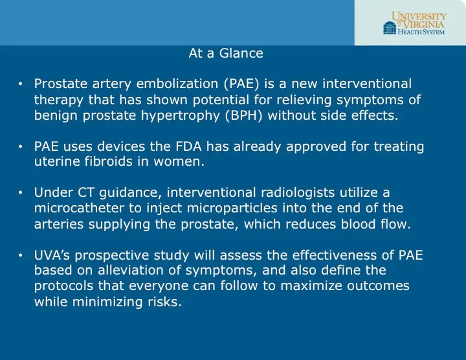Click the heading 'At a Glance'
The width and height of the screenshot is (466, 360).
226,54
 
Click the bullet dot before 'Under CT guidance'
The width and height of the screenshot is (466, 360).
21,193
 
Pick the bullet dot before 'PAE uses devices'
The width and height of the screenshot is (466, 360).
21,148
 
